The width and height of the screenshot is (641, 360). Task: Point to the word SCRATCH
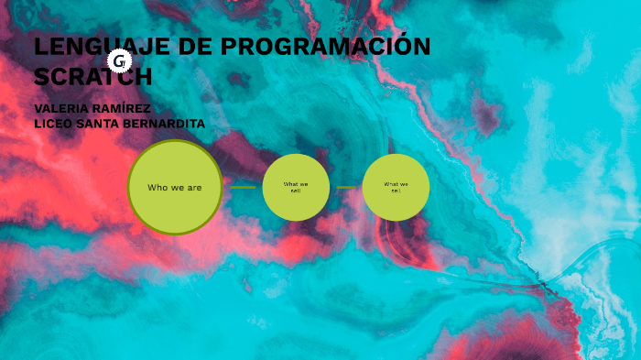pos(92,76)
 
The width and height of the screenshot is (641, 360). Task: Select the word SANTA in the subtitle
pos(102,124)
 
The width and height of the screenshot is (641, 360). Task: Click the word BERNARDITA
pos(167,124)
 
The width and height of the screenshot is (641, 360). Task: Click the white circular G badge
pos(119,61)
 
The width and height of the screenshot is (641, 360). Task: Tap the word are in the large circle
pos(192,188)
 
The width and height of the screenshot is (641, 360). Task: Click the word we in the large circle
pos(176,188)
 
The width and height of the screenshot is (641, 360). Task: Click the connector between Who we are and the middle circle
pos(243,188)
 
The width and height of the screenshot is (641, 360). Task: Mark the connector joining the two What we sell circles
pos(346,188)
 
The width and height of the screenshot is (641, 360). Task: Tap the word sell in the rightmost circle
pos(396,191)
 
